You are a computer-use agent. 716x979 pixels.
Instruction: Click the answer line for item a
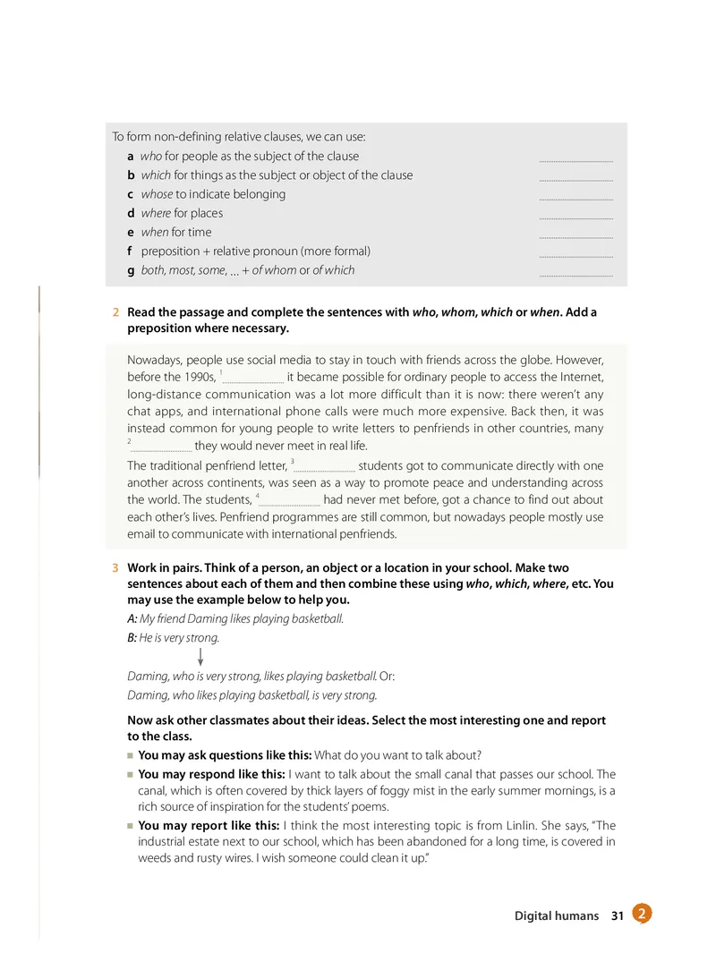[x=576, y=159]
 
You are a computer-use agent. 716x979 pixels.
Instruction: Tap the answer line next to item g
[x=576, y=274]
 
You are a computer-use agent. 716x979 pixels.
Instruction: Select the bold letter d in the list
[x=119, y=213]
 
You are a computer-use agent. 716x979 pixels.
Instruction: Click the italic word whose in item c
[x=157, y=194]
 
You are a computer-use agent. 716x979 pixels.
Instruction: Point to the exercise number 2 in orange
[x=116, y=312]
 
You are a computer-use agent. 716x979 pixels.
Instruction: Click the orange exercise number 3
[x=116, y=568]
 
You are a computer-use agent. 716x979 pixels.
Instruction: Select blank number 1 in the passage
[x=252, y=379]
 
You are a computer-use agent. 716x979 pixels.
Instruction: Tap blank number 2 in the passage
[x=161, y=447]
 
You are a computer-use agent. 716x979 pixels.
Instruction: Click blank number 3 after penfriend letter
[x=324, y=467]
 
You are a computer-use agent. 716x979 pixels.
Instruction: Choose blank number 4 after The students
[x=289, y=501]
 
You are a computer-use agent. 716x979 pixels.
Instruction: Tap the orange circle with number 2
[x=641, y=914]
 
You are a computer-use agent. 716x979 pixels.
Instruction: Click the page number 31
[x=617, y=915]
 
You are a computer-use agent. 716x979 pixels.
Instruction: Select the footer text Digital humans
[x=556, y=915]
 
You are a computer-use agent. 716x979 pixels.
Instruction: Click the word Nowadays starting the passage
[x=157, y=360]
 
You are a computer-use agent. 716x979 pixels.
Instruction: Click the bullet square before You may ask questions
[x=131, y=756]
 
